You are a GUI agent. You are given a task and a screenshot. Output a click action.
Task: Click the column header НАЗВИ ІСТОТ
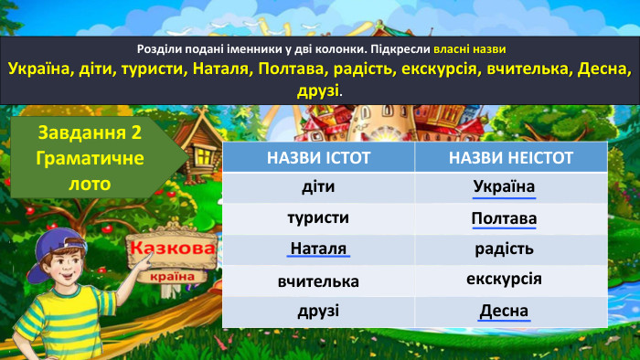[x=318, y=158]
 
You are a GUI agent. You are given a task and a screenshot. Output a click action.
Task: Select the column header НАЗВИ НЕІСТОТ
[x=510, y=158]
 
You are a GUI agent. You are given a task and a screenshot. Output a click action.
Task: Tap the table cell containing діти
[x=318, y=188]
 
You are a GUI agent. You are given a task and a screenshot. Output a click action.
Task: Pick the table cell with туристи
[x=318, y=218]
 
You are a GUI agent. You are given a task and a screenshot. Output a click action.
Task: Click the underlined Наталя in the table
[x=318, y=249]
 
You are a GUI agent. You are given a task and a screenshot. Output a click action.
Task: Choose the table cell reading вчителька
[x=318, y=281]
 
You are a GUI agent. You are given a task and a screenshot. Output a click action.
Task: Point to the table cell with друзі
[x=318, y=311]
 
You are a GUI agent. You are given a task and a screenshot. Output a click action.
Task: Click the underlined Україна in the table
[x=504, y=187]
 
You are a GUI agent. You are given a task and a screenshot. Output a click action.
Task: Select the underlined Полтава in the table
[x=504, y=219]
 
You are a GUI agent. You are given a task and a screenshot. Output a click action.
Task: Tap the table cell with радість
[x=504, y=249]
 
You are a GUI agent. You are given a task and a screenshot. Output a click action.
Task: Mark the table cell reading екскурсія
[x=504, y=279]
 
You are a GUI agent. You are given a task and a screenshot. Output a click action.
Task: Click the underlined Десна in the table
[x=504, y=311]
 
